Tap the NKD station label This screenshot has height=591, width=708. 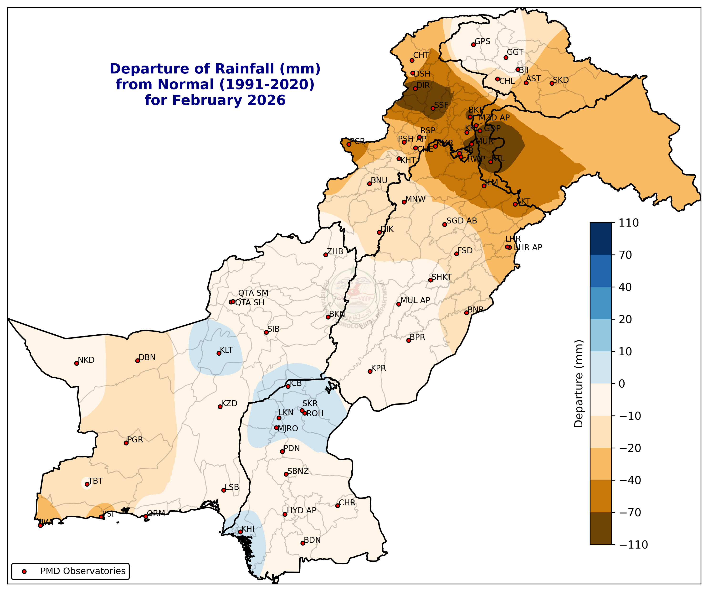point(86,360)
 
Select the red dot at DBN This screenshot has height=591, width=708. point(138,361)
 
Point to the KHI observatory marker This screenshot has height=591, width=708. point(240,532)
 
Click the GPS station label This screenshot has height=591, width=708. point(482,41)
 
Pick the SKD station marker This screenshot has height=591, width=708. point(552,83)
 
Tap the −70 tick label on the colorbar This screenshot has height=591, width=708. point(630,512)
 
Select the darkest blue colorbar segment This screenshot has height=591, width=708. point(600,238)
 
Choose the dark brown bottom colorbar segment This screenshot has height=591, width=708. point(600,528)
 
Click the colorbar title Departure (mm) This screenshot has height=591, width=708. point(579,384)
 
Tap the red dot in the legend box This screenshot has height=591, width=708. point(24,571)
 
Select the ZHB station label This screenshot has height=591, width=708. point(335,251)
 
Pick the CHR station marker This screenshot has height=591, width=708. point(338,506)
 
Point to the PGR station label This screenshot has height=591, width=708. point(135,440)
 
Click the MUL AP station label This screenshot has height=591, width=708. point(415,300)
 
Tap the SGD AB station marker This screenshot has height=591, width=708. point(444,225)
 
